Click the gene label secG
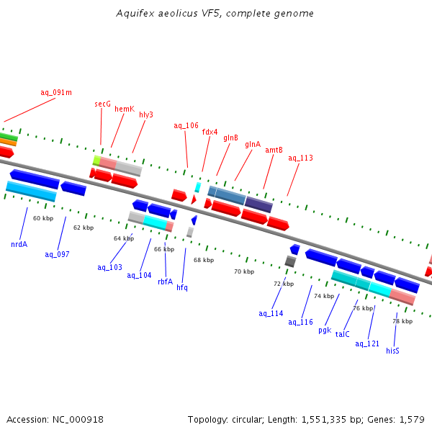(x=103, y=104)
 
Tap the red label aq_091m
(x=56, y=92)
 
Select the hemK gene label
(x=125, y=109)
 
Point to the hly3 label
(x=146, y=114)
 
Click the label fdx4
(x=210, y=132)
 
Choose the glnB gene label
(x=230, y=138)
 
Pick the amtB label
(x=274, y=150)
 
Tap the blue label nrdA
(x=19, y=244)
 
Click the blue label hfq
(x=182, y=287)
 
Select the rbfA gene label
(x=166, y=282)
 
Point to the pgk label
(x=325, y=330)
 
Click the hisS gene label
(x=392, y=351)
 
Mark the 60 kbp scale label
(x=43, y=218)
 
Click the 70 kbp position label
(x=244, y=271)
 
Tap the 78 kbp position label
(x=402, y=321)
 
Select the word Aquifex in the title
(x=134, y=14)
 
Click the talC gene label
(x=343, y=334)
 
